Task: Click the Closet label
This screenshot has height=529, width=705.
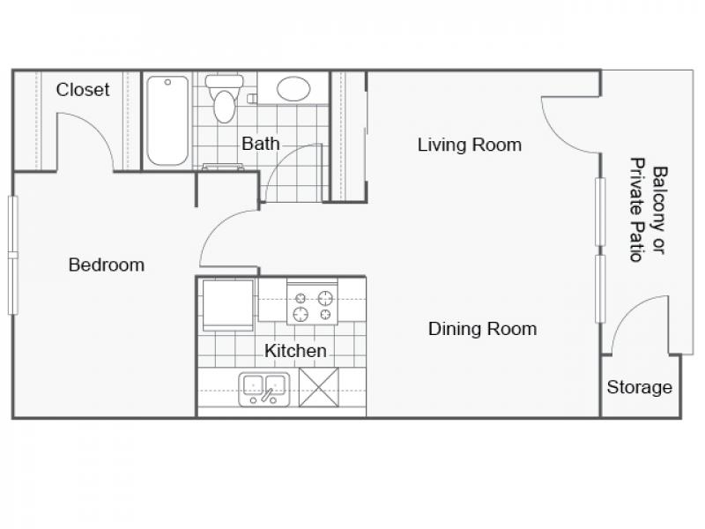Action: click(x=83, y=90)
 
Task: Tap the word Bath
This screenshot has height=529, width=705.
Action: click(x=260, y=144)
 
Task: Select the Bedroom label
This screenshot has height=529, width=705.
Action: click(x=107, y=264)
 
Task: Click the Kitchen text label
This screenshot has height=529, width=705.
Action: click(x=295, y=351)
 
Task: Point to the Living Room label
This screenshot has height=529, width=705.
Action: click(x=470, y=145)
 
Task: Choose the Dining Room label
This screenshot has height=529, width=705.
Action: click(x=482, y=329)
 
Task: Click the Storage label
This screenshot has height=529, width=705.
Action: click(x=640, y=387)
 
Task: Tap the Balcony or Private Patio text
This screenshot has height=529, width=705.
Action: click(x=649, y=210)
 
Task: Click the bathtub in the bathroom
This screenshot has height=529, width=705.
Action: click(x=167, y=121)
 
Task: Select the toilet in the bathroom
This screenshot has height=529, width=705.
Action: click(x=224, y=99)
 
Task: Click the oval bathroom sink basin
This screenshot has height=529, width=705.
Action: click(x=293, y=89)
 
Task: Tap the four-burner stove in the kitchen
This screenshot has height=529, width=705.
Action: click(x=312, y=302)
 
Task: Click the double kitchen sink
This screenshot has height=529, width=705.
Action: click(x=263, y=389)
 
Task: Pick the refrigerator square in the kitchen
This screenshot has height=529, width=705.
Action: click(x=228, y=305)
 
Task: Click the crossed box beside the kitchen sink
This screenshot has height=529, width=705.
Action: click(x=319, y=387)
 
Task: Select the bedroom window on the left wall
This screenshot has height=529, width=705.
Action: click(x=12, y=255)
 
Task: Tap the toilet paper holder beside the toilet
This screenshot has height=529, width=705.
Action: click(x=252, y=99)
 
